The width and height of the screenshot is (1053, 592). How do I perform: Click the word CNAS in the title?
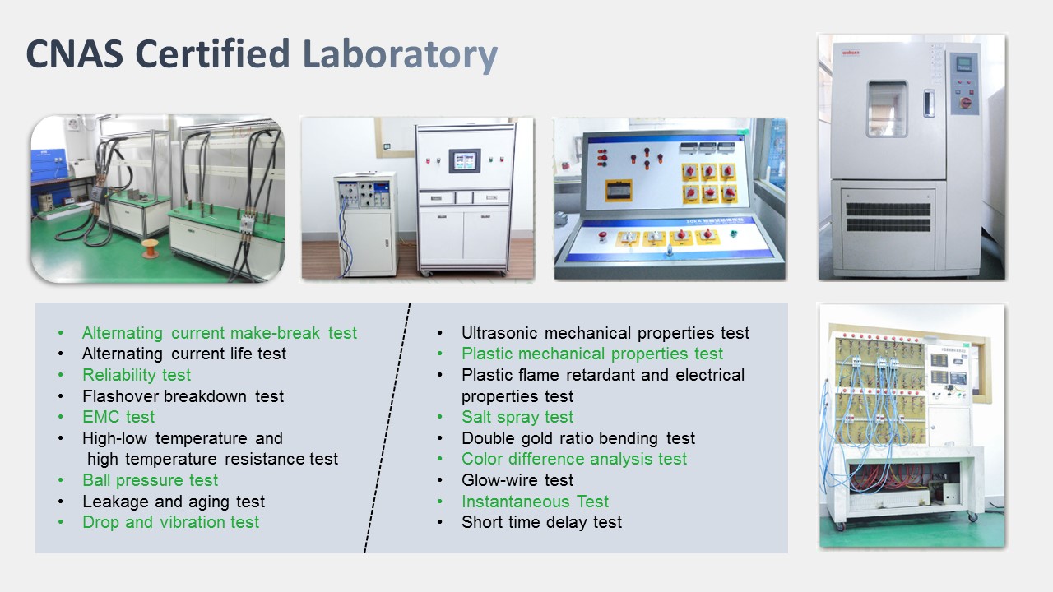pyautogui.click(x=75, y=53)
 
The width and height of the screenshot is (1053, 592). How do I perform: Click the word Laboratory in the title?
pyautogui.click(x=400, y=55)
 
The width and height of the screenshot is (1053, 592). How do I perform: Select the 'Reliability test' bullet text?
pyautogui.click(x=137, y=375)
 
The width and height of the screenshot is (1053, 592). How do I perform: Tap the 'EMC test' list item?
pyautogui.click(x=118, y=417)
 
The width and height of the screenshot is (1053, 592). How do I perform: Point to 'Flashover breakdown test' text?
pyautogui.click(x=183, y=396)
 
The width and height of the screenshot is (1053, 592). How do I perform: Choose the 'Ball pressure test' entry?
pyautogui.click(x=150, y=480)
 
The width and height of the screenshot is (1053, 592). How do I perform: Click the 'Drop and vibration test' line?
pyautogui.click(x=170, y=522)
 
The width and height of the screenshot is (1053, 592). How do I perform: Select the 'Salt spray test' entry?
pyautogui.click(x=517, y=417)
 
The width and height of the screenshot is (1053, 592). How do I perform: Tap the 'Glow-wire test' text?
pyautogui.click(x=517, y=480)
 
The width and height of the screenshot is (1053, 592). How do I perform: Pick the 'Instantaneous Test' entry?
pyautogui.click(x=535, y=502)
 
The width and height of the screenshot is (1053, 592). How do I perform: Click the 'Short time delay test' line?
pyautogui.click(x=541, y=522)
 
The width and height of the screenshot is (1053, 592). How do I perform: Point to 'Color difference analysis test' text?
pyautogui.click(x=574, y=459)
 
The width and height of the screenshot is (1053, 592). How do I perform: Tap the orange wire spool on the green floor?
pyautogui.click(x=151, y=248)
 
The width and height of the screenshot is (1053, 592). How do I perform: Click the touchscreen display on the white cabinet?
pyautogui.click(x=465, y=160)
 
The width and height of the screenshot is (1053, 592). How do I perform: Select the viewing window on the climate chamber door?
pyautogui.click(x=887, y=109)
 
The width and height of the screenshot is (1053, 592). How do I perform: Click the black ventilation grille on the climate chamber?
pyautogui.click(x=888, y=216)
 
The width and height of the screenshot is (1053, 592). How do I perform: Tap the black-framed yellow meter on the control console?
pyautogui.click(x=618, y=190)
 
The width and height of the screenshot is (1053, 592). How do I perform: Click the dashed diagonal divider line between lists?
pyautogui.click(x=387, y=428)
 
